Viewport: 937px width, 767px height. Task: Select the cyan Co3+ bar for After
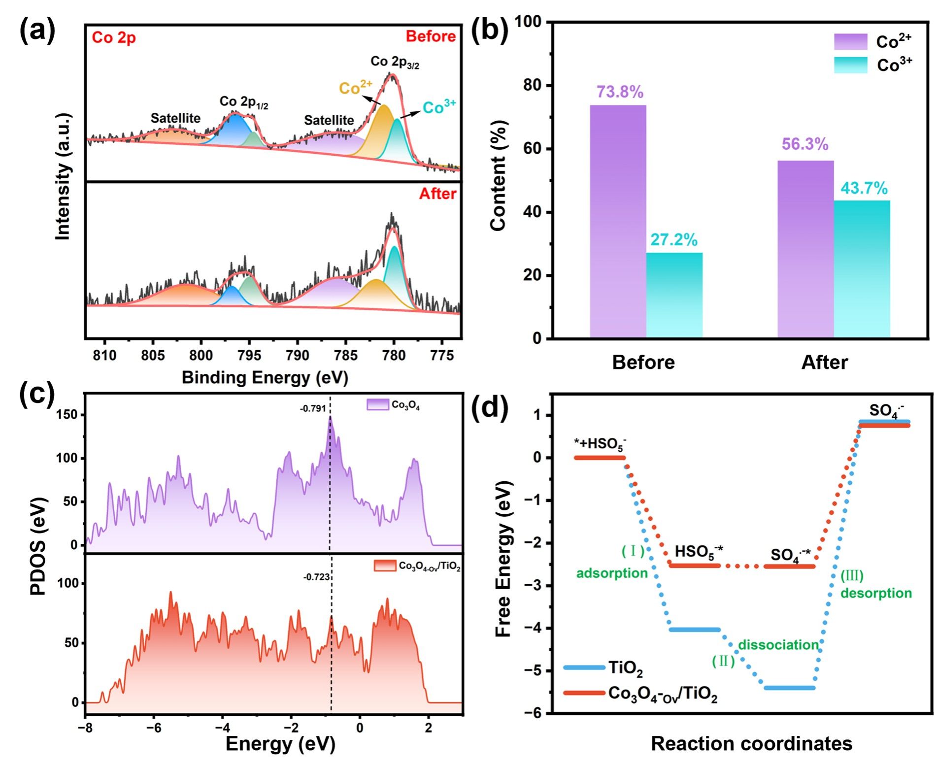point(862,268)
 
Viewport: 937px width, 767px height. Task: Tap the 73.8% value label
point(619,92)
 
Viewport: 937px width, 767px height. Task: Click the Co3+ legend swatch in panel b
point(850,65)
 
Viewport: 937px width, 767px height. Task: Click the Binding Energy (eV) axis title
point(265,378)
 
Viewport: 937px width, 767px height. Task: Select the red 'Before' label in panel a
point(431,36)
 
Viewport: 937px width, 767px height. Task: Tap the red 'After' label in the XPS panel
point(437,194)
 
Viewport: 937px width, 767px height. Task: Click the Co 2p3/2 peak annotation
point(395,62)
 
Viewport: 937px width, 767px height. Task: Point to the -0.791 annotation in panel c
point(313,408)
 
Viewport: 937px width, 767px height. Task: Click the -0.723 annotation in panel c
point(316,577)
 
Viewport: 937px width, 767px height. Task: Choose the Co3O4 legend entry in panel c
point(393,405)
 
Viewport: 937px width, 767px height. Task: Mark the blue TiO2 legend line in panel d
point(584,667)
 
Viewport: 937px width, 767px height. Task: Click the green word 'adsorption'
point(612,573)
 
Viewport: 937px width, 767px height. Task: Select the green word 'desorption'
point(876,593)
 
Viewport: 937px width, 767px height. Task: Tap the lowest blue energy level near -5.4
point(789,688)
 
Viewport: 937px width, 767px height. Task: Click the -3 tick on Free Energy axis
point(535,586)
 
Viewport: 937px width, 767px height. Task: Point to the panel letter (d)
point(489,406)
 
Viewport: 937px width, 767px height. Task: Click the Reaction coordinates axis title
point(751,743)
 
